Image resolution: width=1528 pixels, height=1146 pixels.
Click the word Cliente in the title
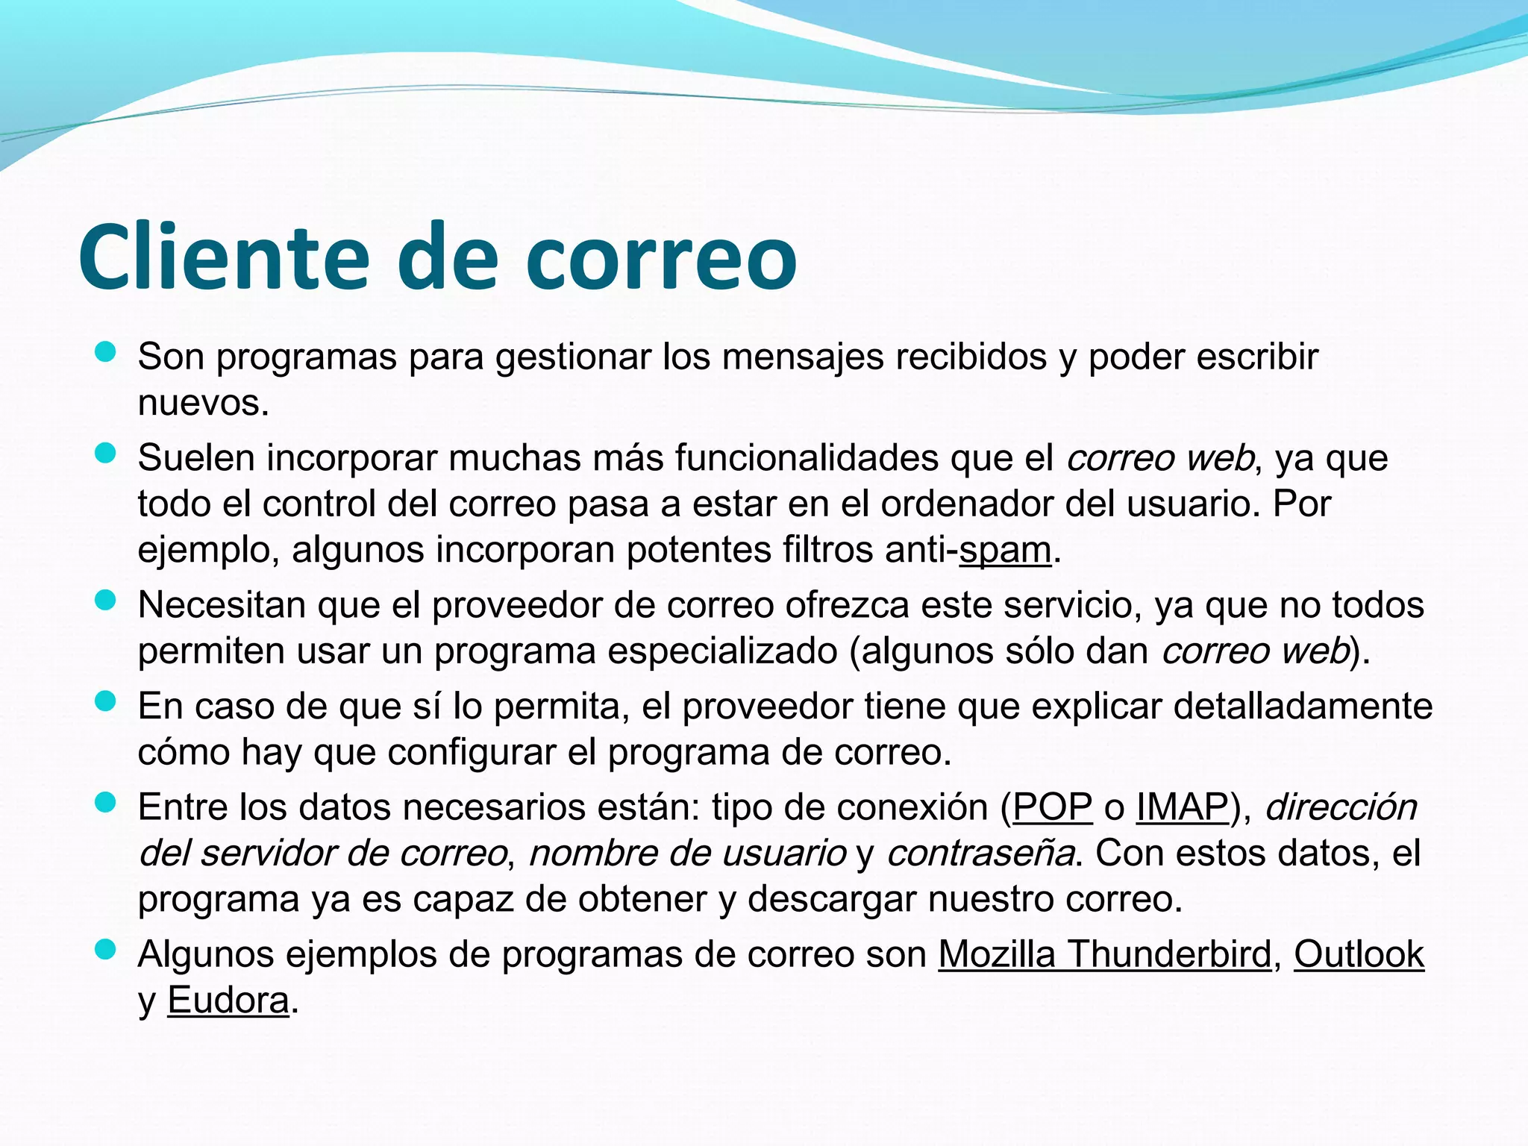pos(224,257)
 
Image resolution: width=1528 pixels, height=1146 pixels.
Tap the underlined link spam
pos(1005,551)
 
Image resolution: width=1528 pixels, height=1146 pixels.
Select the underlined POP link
pos(1052,807)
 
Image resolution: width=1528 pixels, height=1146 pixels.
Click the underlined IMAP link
pos(1182,807)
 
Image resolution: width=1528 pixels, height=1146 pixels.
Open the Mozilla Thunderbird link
pos(1105,954)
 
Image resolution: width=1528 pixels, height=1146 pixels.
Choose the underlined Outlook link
pos(1359,954)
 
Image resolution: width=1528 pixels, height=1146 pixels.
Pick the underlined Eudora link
pos(228,1001)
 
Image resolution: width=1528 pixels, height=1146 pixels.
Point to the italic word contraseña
pos(980,854)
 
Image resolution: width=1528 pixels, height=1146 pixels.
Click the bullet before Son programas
pos(106,352)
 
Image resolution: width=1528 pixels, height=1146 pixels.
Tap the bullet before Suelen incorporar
pos(106,453)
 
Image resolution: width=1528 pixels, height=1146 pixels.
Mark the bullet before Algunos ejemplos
pos(106,949)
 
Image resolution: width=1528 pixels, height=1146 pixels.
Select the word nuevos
pos(203,404)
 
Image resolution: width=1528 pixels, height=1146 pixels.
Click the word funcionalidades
pos(807,458)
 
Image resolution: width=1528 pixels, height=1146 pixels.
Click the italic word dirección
pos(1341,807)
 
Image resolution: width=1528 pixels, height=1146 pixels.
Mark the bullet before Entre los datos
pos(106,802)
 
